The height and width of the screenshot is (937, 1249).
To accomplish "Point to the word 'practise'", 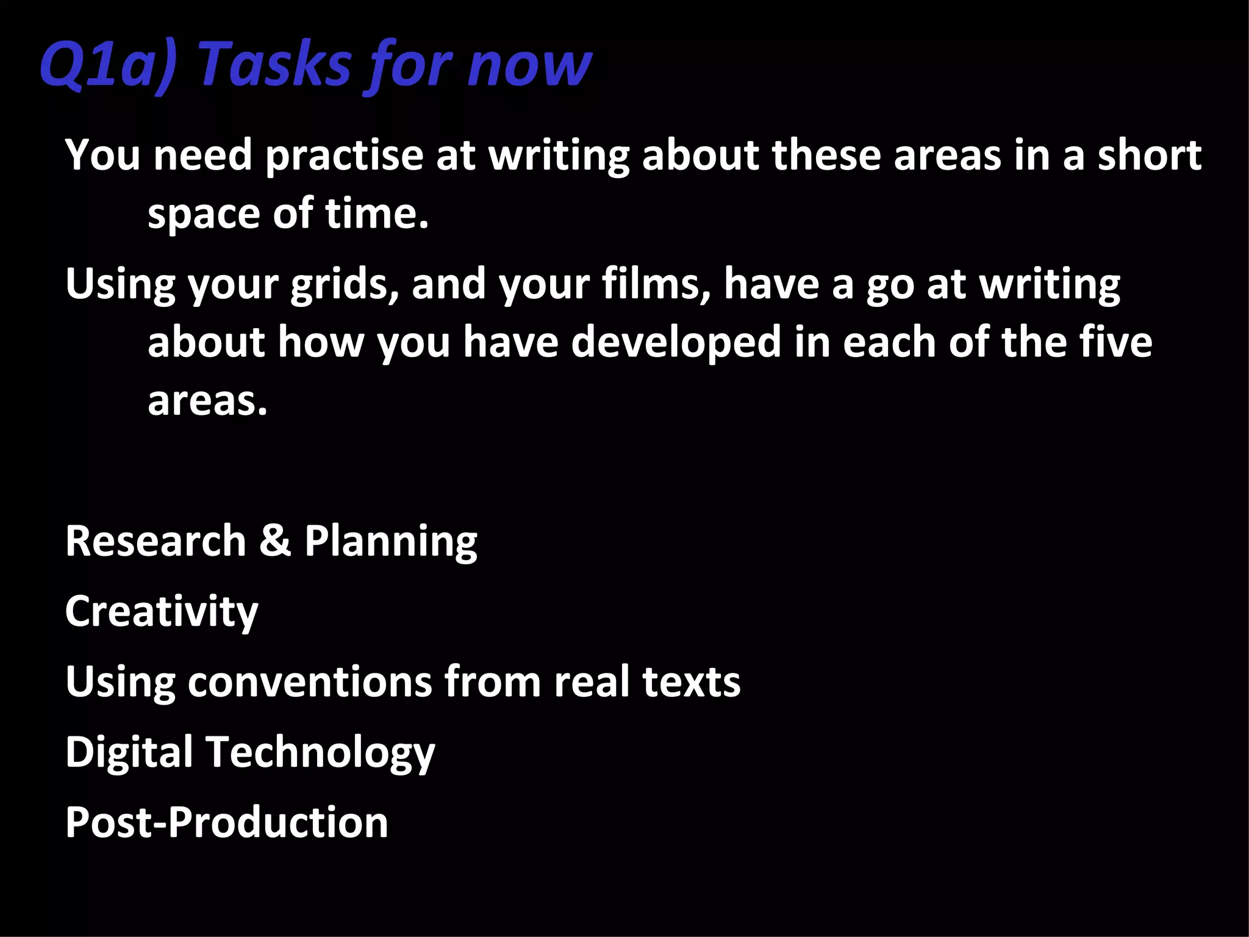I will click(x=344, y=156).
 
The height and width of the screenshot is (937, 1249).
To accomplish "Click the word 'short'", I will click(x=1150, y=155).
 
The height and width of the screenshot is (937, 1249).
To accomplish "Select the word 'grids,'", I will click(x=345, y=285).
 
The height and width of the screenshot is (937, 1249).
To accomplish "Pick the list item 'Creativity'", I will click(x=162, y=612).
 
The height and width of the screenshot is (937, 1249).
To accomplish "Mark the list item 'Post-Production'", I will click(x=226, y=822).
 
